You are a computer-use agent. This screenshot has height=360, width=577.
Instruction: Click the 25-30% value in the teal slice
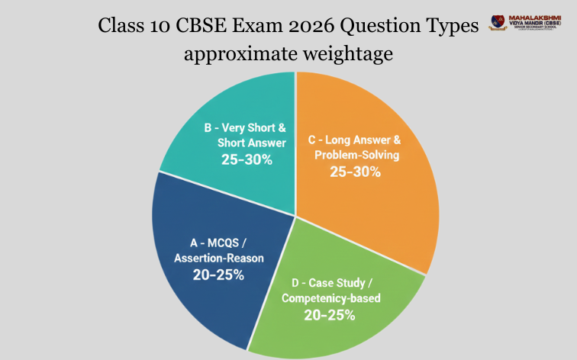coord(245,159)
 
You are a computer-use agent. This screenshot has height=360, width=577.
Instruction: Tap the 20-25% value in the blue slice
coord(218,275)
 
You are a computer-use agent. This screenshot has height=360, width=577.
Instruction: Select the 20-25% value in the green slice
coord(330,313)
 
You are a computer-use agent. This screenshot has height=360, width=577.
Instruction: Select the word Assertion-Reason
coord(218,258)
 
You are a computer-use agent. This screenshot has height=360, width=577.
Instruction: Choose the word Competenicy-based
coord(330,297)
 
